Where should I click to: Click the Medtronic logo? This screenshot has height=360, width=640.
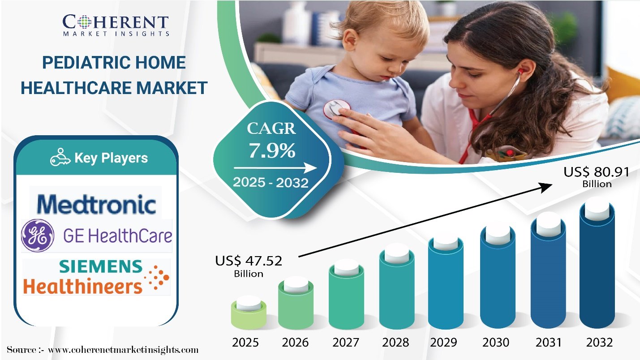pyautogui.click(x=96, y=204)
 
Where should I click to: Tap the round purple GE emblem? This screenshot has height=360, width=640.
pyautogui.click(x=38, y=236)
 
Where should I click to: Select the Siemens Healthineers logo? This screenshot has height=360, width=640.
pyautogui.click(x=96, y=277)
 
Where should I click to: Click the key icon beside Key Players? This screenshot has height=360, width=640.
pyautogui.click(x=60, y=157)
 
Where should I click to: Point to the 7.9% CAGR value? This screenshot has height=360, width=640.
pyautogui.click(x=272, y=150)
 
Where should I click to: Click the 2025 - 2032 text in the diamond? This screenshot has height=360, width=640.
pyautogui.click(x=271, y=183)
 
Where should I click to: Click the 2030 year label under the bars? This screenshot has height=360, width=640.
pyautogui.click(x=496, y=342)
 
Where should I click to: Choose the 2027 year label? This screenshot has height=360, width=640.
pyautogui.click(x=346, y=342)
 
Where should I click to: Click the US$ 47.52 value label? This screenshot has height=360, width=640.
pyautogui.click(x=249, y=266)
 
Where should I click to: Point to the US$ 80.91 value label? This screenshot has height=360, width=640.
pyautogui.click(x=597, y=177)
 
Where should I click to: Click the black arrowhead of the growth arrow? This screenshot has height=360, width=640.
pyautogui.click(x=545, y=188)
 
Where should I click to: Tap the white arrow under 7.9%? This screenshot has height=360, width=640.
pyautogui.click(x=275, y=168)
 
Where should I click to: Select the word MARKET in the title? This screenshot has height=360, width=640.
pyautogui.click(x=172, y=88)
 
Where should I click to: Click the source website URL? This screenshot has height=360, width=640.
pyautogui.click(x=123, y=350)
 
